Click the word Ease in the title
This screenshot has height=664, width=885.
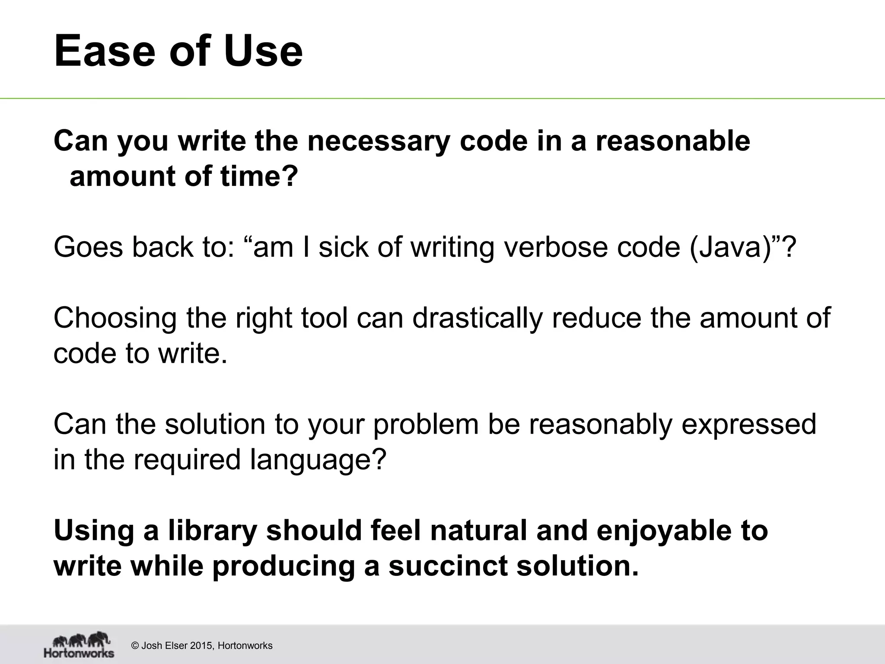(104, 52)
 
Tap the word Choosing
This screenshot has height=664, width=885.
(115, 319)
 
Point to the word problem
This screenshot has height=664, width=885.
(426, 424)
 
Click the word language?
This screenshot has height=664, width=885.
(318, 460)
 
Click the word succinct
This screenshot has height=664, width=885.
(448, 566)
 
